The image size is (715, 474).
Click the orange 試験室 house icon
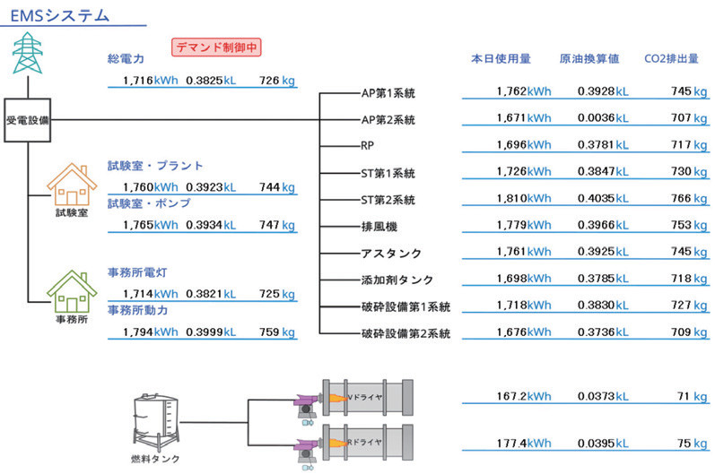click(73, 184)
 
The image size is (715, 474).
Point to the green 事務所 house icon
click(73, 289)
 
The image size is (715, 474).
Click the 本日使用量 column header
click(501, 60)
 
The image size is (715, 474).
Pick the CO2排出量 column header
click(672, 60)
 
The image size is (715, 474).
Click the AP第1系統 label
click(388, 92)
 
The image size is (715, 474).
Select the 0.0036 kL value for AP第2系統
click(603, 117)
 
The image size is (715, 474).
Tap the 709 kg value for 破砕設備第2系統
click(682, 332)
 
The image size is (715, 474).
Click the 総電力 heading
click(126, 59)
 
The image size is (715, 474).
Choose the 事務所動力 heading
click(149, 310)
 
